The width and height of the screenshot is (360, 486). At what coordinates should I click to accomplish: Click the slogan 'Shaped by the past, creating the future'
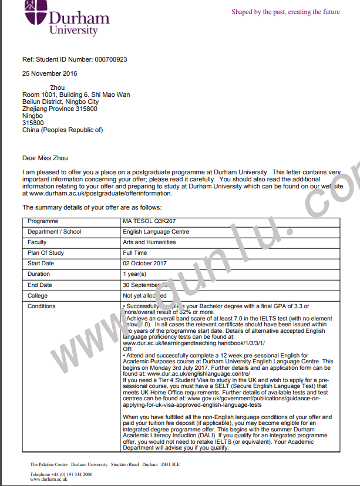[285, 12]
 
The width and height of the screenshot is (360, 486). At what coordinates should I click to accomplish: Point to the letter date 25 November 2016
[49, 73]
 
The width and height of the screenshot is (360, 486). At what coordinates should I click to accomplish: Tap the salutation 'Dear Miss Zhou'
[45, 157]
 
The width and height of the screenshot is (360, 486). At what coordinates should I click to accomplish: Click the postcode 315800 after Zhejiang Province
[85, 109]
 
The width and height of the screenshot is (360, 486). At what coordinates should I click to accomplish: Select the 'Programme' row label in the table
[43, 221]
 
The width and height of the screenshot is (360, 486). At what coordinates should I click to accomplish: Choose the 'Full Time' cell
[134, 253]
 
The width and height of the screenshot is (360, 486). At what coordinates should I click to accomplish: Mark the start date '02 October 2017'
[145, 264]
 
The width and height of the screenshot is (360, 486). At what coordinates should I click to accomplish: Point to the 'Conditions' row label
[42, 306]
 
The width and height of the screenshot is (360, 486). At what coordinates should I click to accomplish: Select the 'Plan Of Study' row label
[45, 253]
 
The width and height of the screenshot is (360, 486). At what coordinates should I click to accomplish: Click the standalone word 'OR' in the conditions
[127, 348]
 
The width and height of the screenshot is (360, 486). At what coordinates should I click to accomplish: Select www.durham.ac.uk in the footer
[48, 479]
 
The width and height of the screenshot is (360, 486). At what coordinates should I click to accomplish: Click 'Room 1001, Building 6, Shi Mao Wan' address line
[76, 95]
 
